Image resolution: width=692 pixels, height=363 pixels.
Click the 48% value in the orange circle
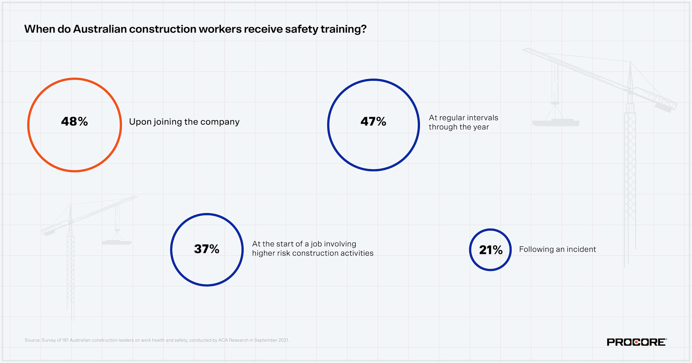[75, 122]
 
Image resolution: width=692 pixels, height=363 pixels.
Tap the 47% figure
[373, 122]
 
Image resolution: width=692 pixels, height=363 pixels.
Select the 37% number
[207, 249]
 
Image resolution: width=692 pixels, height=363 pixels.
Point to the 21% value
[491, 250]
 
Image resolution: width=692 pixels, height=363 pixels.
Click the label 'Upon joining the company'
[184, 122]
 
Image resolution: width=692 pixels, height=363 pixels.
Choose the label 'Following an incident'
[557, 249]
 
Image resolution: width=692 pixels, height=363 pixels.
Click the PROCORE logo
[637, 342]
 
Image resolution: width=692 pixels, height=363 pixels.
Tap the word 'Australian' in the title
[100, 29]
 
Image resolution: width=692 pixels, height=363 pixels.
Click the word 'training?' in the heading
[343, 29]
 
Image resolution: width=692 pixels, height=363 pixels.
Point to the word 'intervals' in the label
[482, 118]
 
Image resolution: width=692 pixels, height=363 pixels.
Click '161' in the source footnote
[65, 340]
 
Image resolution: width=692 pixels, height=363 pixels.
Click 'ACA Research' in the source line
[233, 340]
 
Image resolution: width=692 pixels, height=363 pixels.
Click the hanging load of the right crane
[556, 123]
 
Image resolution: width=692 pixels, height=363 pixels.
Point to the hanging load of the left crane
[117, 242]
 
